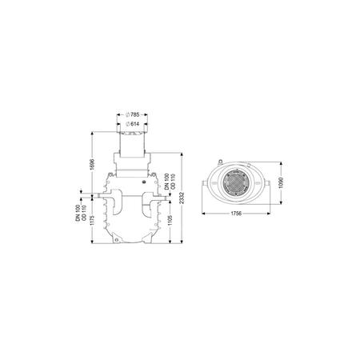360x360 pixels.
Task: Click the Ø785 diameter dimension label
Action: tap(132, 115)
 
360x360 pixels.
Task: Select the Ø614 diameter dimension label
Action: tap(132, 124)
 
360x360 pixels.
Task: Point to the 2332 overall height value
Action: tap(182, 198)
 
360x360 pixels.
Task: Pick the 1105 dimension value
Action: tap(170, 220)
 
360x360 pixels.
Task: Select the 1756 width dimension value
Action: tap(236, 214)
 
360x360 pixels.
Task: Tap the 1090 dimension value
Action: tap(281, 182)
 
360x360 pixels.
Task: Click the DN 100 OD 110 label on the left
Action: tap(81, 213)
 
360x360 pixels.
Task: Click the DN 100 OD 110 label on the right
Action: tap(170, 182)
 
